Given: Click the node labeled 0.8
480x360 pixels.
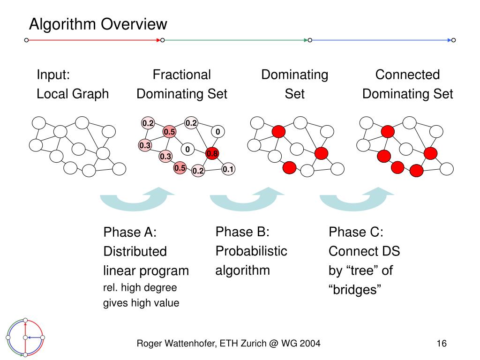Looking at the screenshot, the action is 212,153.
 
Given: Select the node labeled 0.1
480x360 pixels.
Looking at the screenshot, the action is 228,169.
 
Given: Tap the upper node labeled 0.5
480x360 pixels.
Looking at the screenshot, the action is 169,132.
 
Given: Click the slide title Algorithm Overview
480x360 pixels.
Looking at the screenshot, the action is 98,24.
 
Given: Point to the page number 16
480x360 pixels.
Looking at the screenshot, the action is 442,344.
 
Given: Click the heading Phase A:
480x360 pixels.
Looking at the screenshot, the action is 130,232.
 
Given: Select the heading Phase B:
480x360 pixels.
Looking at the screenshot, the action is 242,232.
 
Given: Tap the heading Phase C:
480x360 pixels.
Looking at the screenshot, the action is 356,232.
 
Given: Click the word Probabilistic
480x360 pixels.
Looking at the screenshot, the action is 251,251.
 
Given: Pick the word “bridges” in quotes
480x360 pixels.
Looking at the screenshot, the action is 355,290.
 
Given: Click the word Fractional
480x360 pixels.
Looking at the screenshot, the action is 182,75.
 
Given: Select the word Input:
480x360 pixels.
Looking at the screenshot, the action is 53,75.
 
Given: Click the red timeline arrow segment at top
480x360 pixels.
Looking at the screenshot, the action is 94,40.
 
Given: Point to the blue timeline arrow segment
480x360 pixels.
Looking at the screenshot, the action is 382,40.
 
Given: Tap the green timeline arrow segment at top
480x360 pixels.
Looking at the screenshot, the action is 236,40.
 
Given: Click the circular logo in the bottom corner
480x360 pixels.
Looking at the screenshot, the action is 25,337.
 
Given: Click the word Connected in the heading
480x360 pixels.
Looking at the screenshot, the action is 407,75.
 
